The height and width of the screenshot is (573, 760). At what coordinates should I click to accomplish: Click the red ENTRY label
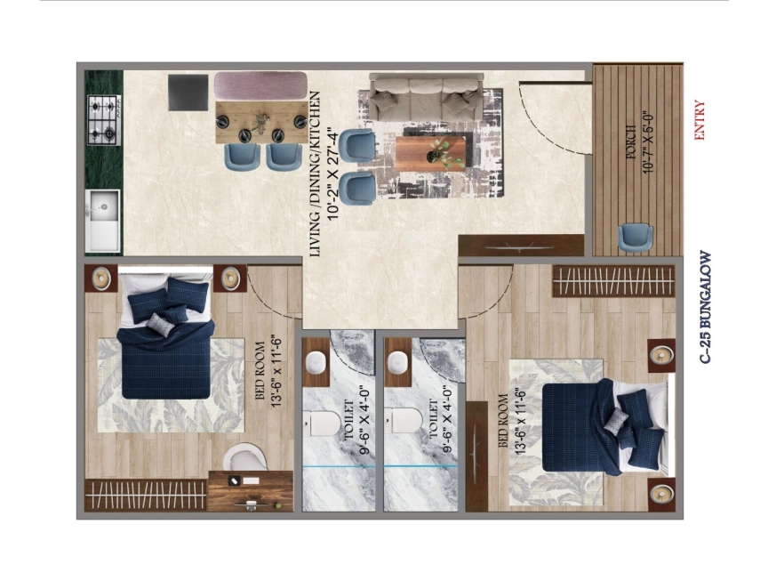click(x=699, y=120)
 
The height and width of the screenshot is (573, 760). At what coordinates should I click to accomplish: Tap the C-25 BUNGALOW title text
click(x=706, y=307)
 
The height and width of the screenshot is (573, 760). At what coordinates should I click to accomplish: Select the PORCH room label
click(x=631, y=141)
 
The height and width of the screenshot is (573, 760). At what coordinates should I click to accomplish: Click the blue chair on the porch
click(x=635, y=238)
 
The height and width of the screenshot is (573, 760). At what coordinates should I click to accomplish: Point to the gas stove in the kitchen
click(x=104, y=120)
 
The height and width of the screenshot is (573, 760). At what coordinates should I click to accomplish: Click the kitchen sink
click(x=103, y=221)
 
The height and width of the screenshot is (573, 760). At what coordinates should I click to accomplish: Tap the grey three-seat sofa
click(x=427, y=97)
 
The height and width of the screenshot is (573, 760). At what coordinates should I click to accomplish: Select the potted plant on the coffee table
click(x=442, y=153)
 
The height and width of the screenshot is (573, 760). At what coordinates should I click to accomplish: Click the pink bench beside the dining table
click(x=260, y=85)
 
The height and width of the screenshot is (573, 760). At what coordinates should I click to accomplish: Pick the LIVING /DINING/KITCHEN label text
click(x=315, y=174)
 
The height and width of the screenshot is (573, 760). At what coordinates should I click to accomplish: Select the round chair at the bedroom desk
click(x=244, y=456)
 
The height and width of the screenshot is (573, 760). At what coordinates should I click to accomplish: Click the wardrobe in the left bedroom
click(x=146, y=495)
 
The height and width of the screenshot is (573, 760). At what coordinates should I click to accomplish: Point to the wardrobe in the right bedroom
click(x=613, y=281)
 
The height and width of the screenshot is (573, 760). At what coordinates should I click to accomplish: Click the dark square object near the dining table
click(x=188, y=93)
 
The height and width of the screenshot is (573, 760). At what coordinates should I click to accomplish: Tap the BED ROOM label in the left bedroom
click(x=260, y=371)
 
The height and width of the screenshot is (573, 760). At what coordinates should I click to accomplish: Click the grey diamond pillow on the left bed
click(x=160, y=324)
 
